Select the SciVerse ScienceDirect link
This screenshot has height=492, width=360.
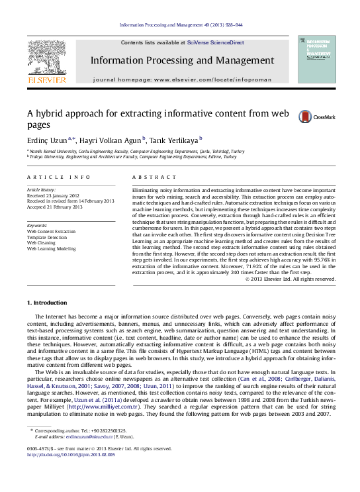(215, 42)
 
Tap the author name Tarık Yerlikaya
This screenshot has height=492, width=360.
(170, 140)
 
